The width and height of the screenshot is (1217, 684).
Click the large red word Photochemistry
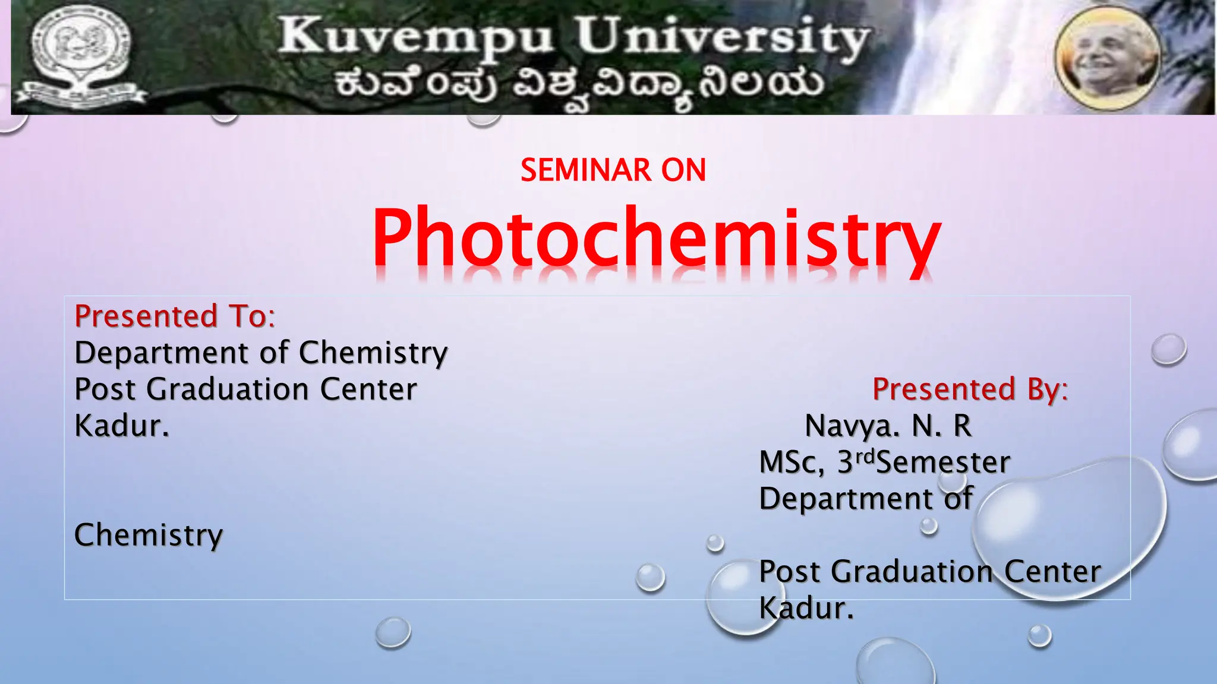coord(656,237)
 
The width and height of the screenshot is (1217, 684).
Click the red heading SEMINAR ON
coord(613,170)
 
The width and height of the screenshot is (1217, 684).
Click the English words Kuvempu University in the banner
coord(573,37)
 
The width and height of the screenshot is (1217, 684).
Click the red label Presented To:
coord(175,316)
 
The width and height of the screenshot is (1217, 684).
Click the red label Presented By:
coord(970,389)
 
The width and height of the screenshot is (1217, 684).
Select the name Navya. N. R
coord(888,426)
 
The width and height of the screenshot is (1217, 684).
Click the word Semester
coord(943,463)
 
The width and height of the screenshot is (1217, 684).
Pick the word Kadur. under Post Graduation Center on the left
coord(122,426)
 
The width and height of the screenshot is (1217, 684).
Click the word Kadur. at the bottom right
coord(806,608)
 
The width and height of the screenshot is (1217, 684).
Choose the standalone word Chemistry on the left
coord(149,535)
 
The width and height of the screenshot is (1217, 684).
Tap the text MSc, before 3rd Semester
coord(792,463)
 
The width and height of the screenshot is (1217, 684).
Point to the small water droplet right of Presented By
coord(1168,349)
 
